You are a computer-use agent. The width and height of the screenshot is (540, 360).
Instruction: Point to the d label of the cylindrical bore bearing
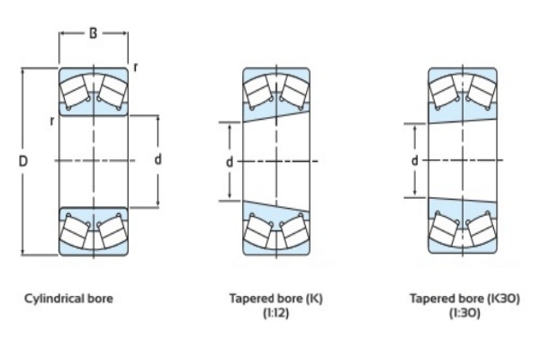pos(157,159)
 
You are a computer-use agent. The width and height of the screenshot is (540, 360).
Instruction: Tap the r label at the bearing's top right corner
pos(135,67)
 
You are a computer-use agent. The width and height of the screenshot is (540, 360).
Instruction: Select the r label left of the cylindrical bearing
pos(51,120)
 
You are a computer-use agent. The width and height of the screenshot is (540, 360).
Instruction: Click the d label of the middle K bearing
pos(229,162)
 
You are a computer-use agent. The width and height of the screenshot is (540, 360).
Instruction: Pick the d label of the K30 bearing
pos(414,160)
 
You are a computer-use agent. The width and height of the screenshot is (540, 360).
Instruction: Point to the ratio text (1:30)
pos(463,313)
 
